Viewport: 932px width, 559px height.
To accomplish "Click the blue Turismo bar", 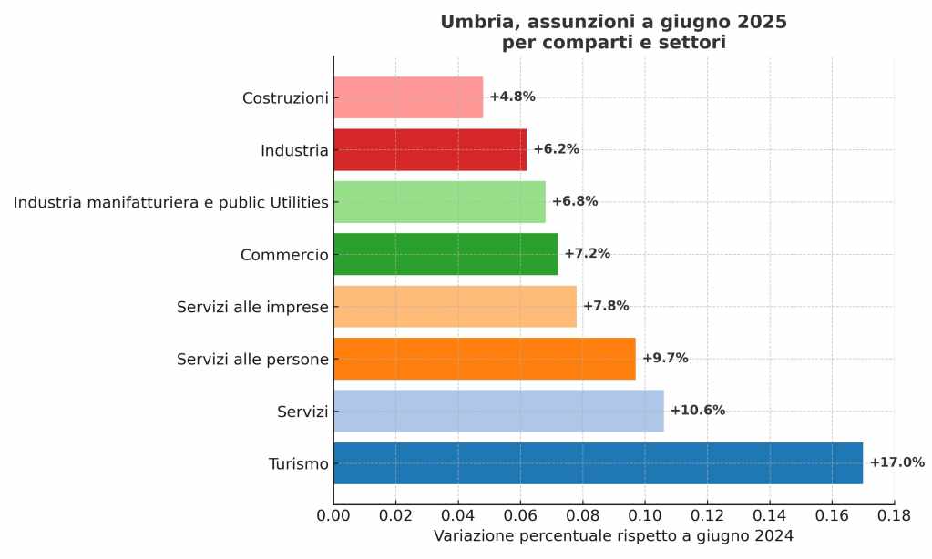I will click(598, 463).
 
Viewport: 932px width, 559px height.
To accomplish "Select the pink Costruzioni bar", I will click(408, 97).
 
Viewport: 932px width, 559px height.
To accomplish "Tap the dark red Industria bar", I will click(430, 149).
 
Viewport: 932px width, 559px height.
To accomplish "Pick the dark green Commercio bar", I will click(446, 254).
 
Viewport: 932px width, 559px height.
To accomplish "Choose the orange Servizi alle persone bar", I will click(484, 359).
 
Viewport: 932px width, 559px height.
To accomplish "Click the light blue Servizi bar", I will click(498, 411).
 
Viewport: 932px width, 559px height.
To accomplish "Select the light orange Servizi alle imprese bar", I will click(455, 307).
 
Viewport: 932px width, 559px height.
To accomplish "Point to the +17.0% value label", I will click(896, 462).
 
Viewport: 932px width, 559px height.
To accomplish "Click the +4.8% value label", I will click(512, 97).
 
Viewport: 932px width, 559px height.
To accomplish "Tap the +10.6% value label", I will click(697, 411).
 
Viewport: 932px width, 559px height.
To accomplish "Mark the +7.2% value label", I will click(587, 254).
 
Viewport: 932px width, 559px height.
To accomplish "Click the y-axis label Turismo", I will click(298, 464).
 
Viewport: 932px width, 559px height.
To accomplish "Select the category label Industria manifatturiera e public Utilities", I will click(170, 202).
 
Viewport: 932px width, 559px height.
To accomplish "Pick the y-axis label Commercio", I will click(283, 255).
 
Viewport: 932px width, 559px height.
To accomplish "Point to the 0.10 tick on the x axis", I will click(645, 515).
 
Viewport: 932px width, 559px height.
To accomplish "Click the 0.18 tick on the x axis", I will click(894, 515).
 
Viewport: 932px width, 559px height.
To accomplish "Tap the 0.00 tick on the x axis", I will click(333, 515).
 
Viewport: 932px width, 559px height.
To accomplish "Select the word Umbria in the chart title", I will click(473, 22).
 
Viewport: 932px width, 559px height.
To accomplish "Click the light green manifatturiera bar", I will click(439, 202).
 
